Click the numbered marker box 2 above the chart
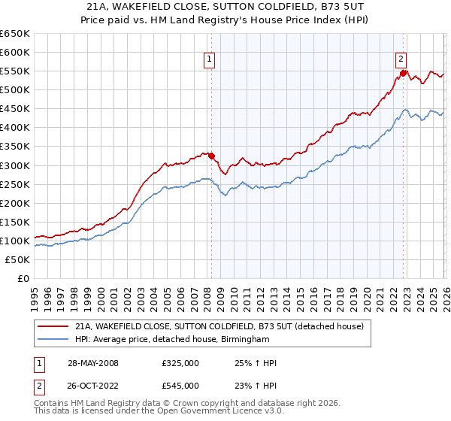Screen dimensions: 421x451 point(401,59)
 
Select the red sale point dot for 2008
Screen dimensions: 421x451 point(211,156)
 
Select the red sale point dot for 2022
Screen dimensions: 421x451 point(404,73)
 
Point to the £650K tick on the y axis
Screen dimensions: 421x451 point(16,34)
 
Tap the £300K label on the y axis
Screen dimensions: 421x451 point(16,165)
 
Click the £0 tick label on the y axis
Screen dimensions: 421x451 point(23,278)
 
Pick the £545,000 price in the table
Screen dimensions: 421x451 point(180,386)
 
